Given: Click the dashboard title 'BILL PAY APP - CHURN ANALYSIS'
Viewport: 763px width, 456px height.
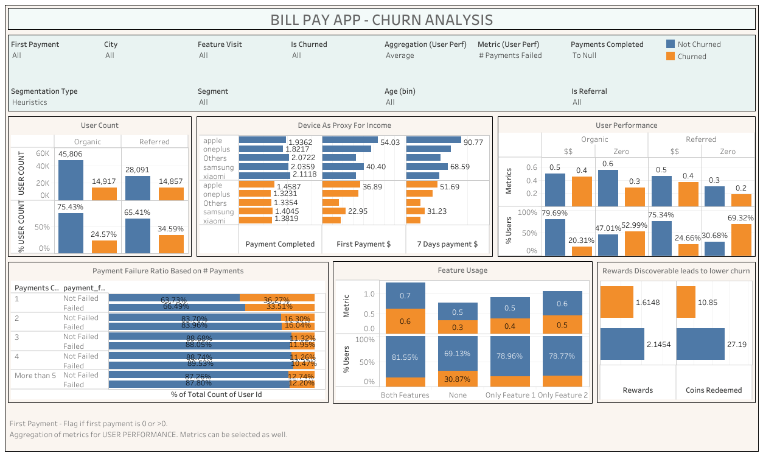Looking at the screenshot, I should coord(381,19).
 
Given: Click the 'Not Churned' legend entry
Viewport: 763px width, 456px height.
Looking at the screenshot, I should coord(699,44).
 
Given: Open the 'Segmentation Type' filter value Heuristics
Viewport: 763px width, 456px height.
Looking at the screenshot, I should coord(30,102).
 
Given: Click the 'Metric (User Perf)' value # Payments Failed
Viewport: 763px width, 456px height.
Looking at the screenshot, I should coord(510,55).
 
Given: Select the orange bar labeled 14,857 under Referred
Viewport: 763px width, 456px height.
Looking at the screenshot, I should coord(171,194).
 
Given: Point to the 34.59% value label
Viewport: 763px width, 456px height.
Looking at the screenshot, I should coord(171,228).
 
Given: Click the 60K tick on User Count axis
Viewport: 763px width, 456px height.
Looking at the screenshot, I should coord(42,153).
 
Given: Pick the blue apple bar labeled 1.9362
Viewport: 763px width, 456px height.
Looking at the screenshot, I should coord(262,140).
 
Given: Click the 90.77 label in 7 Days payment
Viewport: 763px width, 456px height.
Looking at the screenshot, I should coord(473,142).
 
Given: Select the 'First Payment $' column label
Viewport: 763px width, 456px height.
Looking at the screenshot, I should coord(363,244).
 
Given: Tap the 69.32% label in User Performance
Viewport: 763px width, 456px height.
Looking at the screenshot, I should coord(740,217).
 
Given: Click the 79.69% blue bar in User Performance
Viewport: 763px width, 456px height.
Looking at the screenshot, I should coord(555,237).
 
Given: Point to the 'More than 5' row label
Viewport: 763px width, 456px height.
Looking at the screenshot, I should coord(35,376).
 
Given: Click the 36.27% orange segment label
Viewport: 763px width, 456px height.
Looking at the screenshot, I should coord(277,300).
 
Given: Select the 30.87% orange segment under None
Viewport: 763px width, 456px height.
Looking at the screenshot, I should coord(458,379).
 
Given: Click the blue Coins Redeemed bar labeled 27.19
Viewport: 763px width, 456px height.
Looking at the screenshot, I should coord(700,344).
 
